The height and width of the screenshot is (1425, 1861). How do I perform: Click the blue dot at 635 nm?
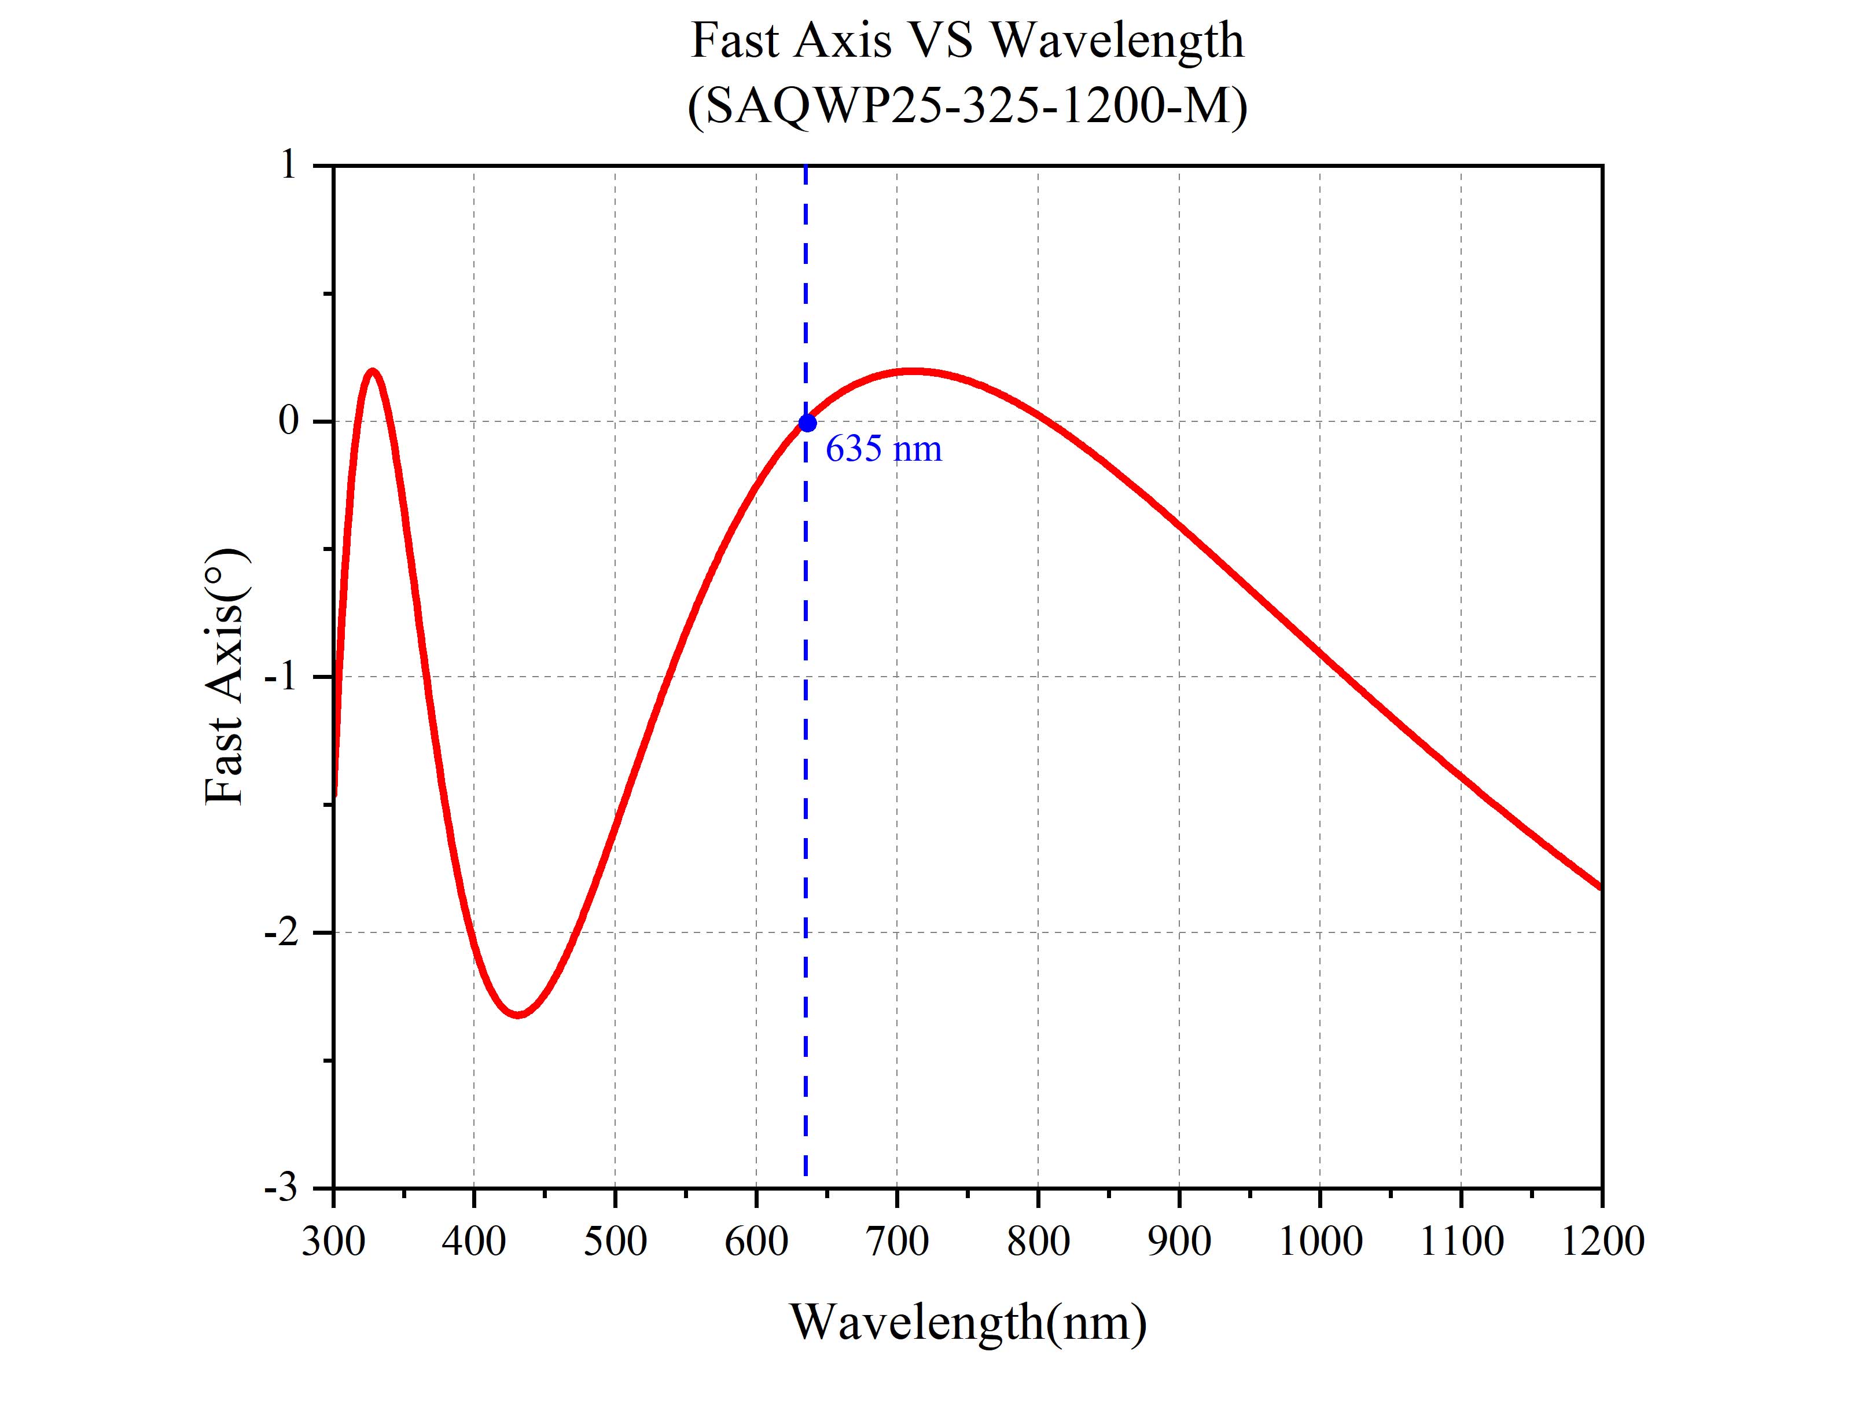(x=807, y=423)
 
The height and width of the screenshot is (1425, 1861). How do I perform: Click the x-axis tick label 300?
(x=333, y=1241)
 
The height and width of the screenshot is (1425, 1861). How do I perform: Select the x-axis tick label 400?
(x=474, y=1241)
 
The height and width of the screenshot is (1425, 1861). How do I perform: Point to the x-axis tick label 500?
(x=615, y=1241)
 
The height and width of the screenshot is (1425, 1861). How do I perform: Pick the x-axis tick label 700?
(x=897, y=1241)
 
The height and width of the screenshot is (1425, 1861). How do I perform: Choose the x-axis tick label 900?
(x=1179, y=1241)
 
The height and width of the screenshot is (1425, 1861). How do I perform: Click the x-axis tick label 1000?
(x=1319, y=1241)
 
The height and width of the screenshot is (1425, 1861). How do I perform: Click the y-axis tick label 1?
(x=289, y=166)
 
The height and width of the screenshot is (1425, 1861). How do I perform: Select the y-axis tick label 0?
(x=289, y=421)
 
